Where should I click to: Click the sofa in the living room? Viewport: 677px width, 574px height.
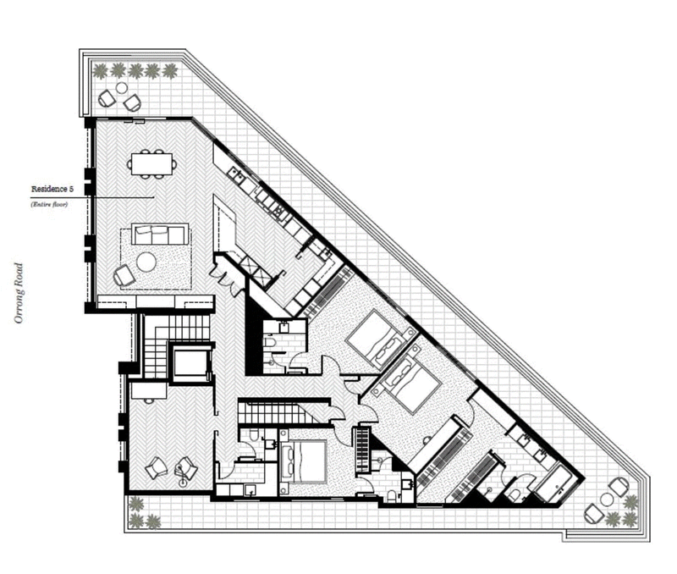pos(160,233)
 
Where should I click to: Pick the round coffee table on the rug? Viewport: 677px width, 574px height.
pos(147,262)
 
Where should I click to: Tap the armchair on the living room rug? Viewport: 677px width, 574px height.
pos(124,274)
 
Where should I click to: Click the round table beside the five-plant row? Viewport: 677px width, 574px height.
pos(121,88)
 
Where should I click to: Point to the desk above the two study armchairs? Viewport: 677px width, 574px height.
pos(147,391)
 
